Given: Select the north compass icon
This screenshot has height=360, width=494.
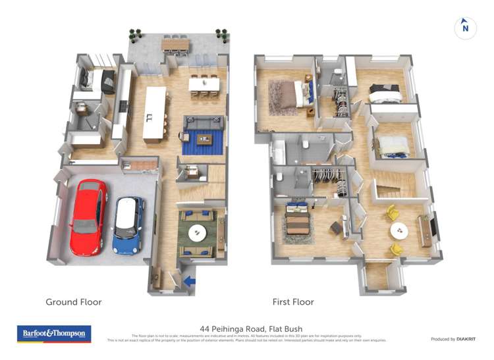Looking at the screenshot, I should (465, 28).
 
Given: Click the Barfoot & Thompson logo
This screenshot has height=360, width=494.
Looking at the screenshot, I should (54, 334).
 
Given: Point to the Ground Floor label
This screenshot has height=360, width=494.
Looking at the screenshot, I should (73, 302).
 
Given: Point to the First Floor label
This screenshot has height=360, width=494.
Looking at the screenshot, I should (293, 302).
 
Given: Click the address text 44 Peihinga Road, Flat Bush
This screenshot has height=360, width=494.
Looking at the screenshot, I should (246, 327).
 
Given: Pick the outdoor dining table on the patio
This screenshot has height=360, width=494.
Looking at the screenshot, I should (175, 43).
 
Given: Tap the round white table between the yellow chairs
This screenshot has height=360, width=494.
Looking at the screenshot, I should (399, 231).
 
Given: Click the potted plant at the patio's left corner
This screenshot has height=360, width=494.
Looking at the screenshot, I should (135, 32).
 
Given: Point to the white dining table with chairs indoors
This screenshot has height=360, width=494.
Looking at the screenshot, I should (204, 85).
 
